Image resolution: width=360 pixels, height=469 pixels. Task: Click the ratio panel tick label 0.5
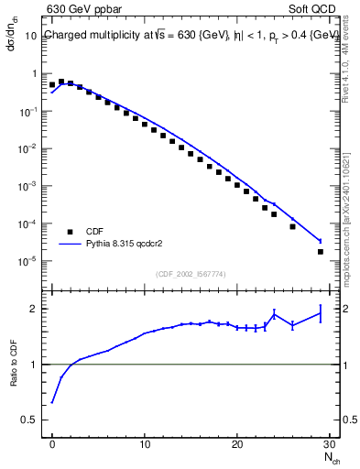coord(31,420)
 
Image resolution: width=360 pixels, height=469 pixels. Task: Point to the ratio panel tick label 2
coord(36,309)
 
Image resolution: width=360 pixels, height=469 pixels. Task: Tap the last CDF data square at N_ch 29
coord(320,252)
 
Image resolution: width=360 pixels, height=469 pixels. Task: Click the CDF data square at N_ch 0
coord(52,84)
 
